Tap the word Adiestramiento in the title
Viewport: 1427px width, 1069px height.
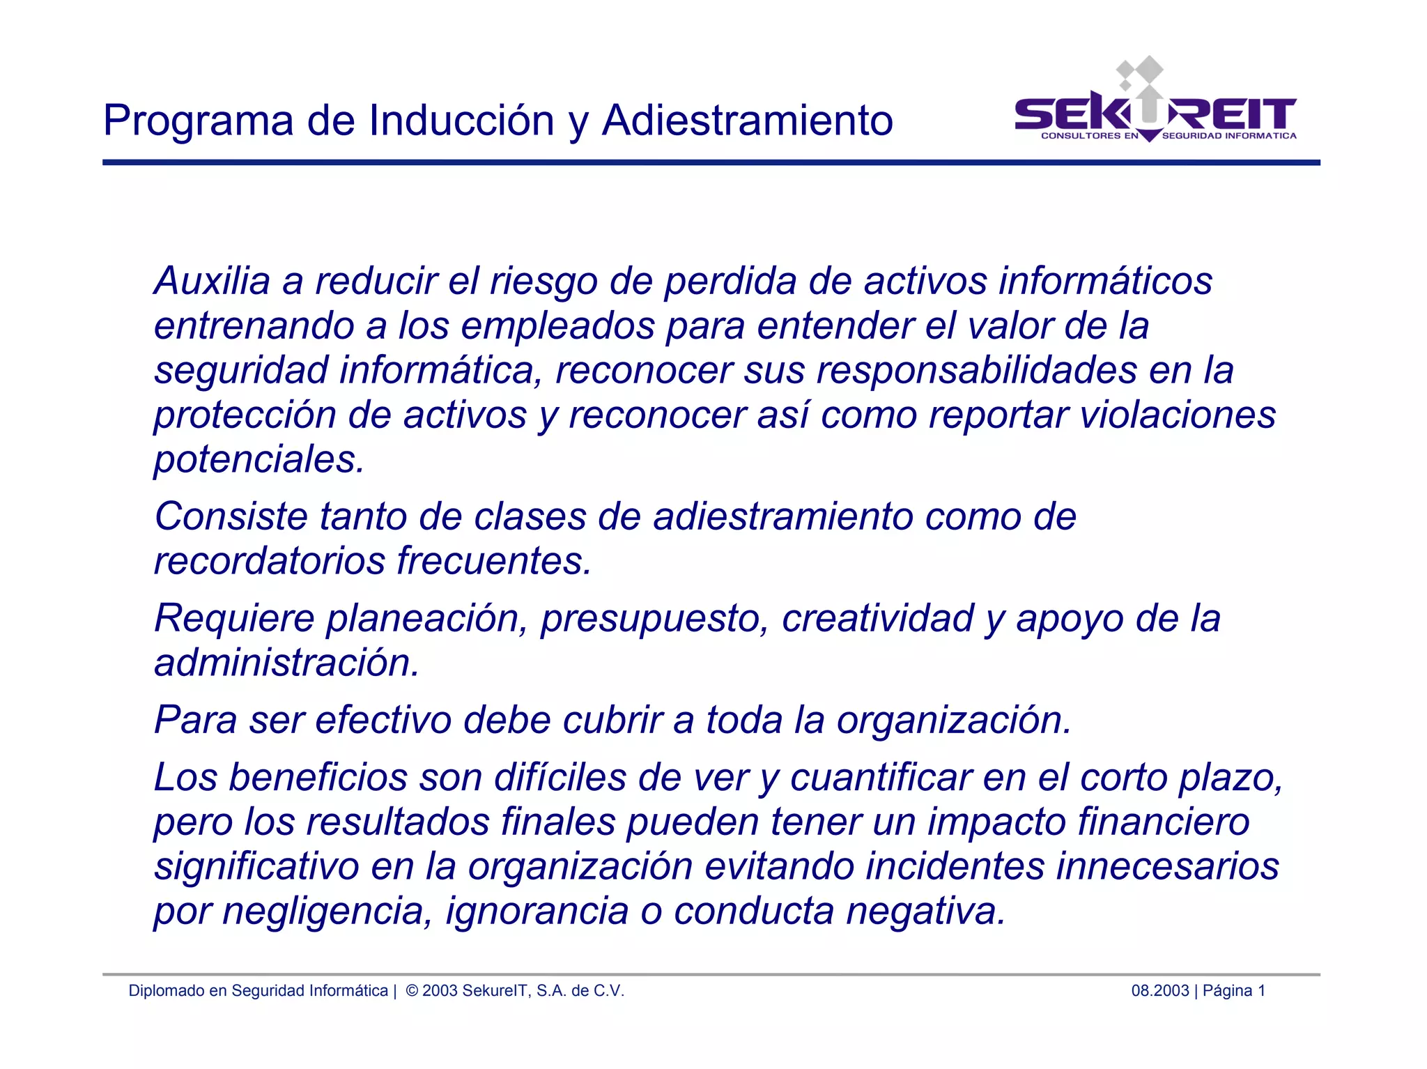coord(747,121)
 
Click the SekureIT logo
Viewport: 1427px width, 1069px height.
coord(1155,105)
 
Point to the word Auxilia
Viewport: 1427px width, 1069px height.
coord(212,281)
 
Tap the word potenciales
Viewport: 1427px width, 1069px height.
coord(259,460)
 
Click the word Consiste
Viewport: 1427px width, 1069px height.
coord(231,516)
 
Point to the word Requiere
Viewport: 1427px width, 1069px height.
coord(234,618)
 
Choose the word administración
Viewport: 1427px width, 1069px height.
coord(286,663)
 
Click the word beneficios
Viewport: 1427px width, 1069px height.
coord(318,777)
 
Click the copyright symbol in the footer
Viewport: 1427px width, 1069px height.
coord(412,991)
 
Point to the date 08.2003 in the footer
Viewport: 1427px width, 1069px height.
coord(1159,991)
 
